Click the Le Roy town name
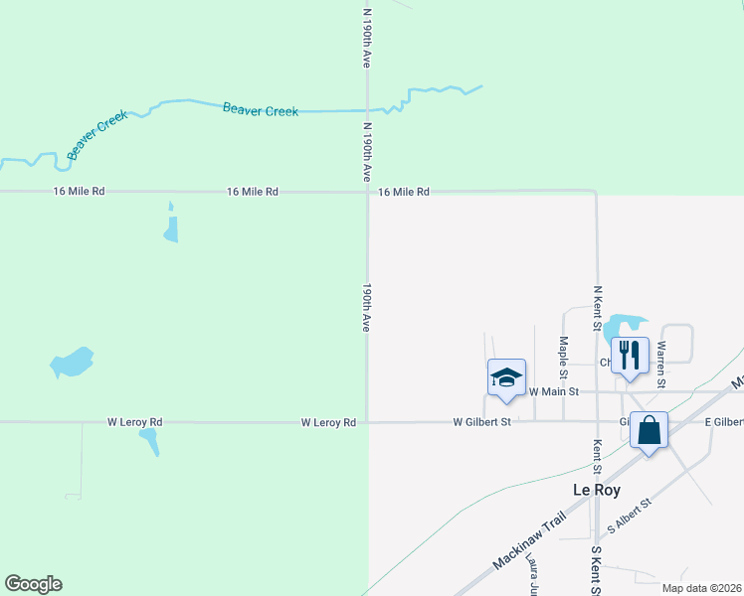tap(598, 490)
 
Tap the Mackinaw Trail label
tap(529, 541)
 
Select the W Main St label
tap(554, 392)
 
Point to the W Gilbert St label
tap(481, 422)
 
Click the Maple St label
tap(563, 359)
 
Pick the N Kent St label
tap(598, 308)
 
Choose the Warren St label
tap(660, 359)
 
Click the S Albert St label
tap(629, 517)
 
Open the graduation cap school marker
tap(506, 378)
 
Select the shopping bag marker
tap(649, 431)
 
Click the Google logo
tap(33, 584)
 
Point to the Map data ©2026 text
tap(701, 588)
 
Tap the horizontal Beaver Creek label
tap(261, 110)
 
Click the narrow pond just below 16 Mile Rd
tap(171, 225)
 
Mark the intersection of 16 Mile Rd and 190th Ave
tap(367, 192)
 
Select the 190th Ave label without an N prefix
tap(367, 307)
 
